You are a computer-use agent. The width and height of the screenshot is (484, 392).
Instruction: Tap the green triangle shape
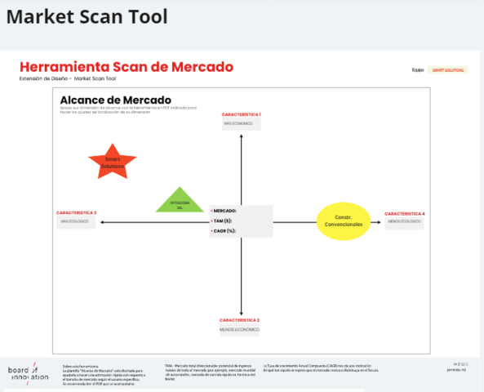click(180, 199)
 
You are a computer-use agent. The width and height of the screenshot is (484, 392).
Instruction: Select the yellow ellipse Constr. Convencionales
click(343, 220)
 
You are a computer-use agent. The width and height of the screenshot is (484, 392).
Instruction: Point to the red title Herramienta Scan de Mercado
click(127, 67)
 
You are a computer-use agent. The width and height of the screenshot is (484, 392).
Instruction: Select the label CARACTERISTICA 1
click(241, 114)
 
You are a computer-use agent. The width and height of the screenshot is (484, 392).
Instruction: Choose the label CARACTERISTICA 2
click(240, 319)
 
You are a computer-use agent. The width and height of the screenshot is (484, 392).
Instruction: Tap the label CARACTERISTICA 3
click(77, 213)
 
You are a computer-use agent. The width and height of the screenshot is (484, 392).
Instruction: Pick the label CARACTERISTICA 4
click(405, 213)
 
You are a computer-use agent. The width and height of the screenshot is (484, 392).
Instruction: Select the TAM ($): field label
click(223, 220)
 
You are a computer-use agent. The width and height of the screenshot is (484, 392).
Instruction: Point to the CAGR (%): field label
click(224, 231)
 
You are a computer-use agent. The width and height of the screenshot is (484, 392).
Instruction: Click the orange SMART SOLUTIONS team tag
click(448, 70)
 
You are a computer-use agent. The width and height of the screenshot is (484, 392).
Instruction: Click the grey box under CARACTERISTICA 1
click(241, 124)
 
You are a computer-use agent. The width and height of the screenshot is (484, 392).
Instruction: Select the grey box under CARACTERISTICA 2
click(240, 329)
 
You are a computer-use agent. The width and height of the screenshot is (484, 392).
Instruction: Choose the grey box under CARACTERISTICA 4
click(405, 222)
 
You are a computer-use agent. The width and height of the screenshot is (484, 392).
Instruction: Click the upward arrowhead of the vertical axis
click(241, 135)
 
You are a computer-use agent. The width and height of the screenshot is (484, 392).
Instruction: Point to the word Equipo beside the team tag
click(418, 70)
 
